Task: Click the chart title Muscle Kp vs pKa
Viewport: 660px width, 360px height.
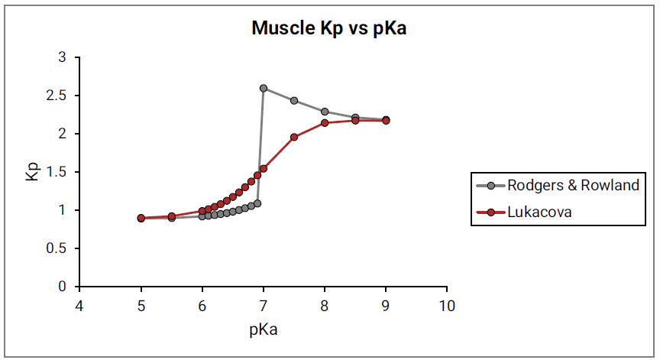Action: coord(329,30)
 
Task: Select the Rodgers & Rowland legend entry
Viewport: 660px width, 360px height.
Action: coord(573,186)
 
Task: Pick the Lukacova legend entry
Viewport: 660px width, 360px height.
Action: coord(539,212)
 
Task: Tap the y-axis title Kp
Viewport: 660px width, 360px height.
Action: coord(31,172)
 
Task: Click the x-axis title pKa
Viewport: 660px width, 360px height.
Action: coord(263,330)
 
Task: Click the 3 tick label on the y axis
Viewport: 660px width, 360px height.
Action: coord(63,57)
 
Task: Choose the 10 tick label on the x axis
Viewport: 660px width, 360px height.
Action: coord(447,306)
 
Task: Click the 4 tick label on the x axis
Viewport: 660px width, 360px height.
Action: coord(79,306)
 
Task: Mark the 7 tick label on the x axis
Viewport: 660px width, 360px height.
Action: coord(264,306)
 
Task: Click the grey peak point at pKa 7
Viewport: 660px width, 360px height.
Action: coord(264,88)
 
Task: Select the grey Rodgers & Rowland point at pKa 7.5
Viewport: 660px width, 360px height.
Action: coord(294,101)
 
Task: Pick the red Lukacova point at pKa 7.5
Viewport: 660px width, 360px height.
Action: coord(294,137)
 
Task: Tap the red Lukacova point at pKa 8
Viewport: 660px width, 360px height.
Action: coord(325,123)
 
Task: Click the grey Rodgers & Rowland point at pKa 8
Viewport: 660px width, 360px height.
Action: coord(325,112)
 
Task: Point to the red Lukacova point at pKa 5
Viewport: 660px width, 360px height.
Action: coord(141,218)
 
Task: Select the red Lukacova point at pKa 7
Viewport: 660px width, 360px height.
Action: coord(264,168)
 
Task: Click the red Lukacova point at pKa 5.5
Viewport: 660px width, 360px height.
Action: coord(172,216)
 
